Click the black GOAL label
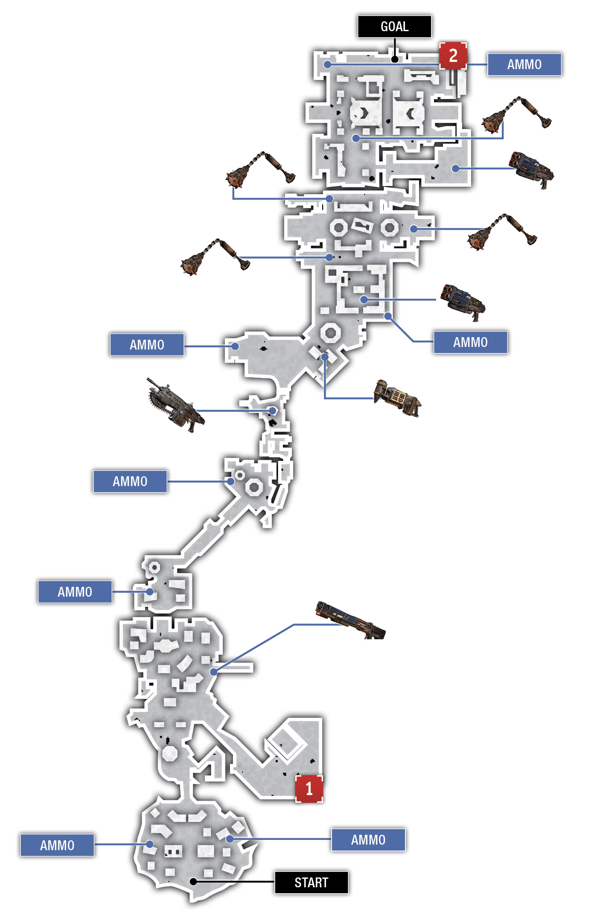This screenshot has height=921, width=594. (394, 26)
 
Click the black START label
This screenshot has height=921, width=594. (311, 882)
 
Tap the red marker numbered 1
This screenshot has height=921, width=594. (309, 789)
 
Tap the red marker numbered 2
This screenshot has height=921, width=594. (453, 55)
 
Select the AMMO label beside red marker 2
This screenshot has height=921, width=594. (524, 64)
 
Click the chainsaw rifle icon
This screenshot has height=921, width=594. (175, 404)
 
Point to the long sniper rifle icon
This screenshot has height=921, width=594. (350, 620)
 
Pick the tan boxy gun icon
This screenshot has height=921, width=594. (397, 397)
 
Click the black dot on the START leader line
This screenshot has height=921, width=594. (193, 881)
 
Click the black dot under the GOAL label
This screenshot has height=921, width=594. (395, 59)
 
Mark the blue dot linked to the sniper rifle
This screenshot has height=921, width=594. (214, 672)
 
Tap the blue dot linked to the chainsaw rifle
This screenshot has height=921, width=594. (272, 411)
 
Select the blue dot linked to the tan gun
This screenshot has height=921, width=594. (325, 356)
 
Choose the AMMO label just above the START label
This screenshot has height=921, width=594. (368, 839)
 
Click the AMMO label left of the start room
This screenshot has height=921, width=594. (57, 845)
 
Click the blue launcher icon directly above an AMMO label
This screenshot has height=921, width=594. (463, 302)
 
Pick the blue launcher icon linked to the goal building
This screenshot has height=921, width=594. (531, 169)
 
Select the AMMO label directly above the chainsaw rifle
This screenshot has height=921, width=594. (147, 344)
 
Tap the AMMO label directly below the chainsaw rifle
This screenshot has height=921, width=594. (130, 481)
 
